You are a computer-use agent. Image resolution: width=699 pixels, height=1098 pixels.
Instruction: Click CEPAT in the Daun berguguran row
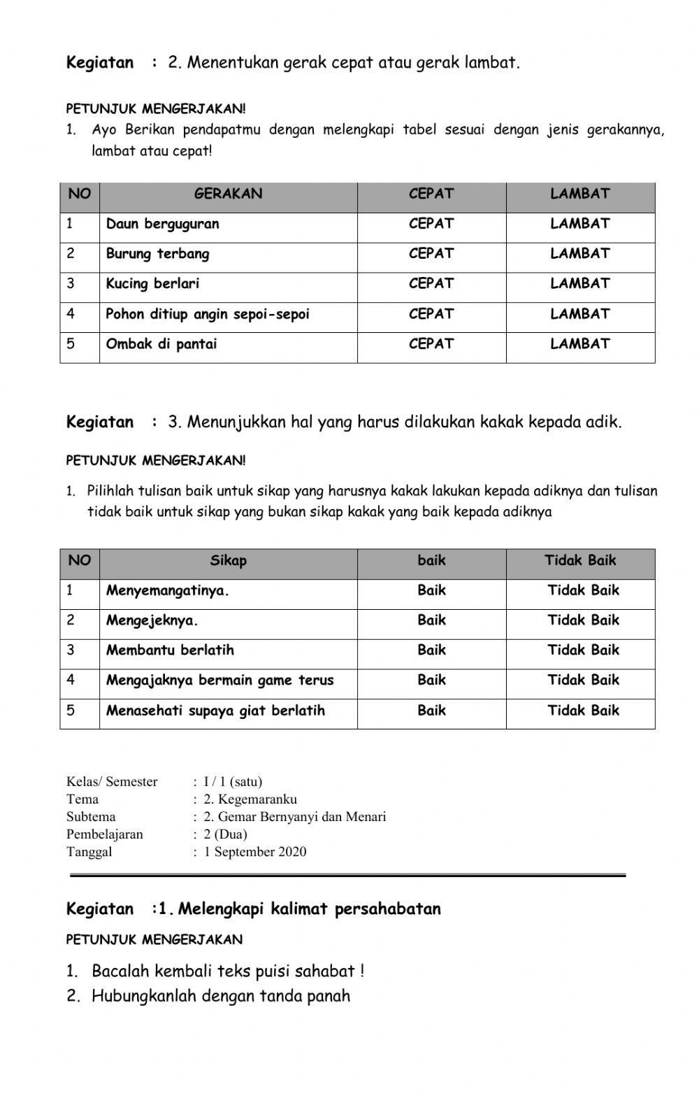click(x=431, y=224)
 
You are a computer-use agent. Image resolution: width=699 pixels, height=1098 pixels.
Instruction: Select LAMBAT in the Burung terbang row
click(x=579, y=254)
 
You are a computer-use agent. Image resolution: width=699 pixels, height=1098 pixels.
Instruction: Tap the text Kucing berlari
click(x=152, y=284)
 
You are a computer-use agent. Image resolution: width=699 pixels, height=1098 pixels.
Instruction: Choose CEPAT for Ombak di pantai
click(x=431, y=344)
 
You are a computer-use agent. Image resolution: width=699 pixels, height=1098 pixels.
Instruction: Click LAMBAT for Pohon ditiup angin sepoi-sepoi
click(x=579, y=314)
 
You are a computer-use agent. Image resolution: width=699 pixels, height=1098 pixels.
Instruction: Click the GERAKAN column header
click(x=228, y=194)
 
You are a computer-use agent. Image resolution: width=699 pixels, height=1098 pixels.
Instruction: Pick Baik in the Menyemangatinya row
click(x=431, y=590)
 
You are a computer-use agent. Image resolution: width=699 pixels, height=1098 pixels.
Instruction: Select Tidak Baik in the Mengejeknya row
click(x=583, y=620)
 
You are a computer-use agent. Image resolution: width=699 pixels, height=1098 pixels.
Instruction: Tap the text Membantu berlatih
click(x=170, y=650)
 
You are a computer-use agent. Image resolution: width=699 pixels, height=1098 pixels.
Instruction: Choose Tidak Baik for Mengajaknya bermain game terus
click(x=583, y=680)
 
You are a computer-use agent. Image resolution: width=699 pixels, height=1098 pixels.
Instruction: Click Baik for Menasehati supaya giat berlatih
click(x=431, y=711)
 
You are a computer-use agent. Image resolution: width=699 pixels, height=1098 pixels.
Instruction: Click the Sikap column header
click(x=228, y=560)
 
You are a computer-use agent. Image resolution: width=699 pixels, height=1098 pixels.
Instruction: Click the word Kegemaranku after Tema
click(x=257, y=799)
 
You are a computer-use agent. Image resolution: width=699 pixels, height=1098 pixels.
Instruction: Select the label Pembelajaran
click(x=104, y=834)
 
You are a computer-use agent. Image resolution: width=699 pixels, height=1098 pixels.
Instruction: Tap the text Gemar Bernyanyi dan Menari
click(x=302, y=817)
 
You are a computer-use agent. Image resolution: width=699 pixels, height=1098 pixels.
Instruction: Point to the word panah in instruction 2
click(x=329, y=996)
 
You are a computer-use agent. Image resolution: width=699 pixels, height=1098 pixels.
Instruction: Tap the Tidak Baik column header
click(x=580, y=560)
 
